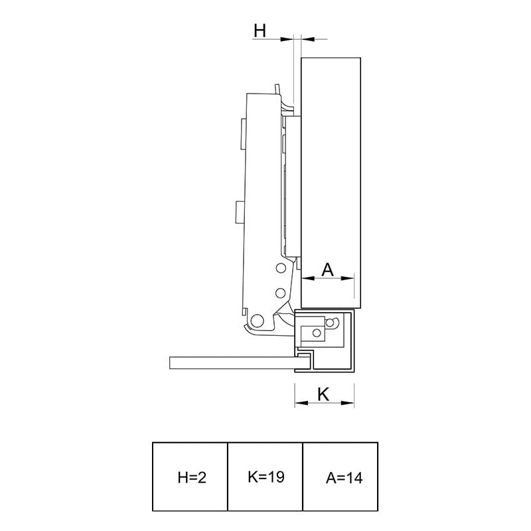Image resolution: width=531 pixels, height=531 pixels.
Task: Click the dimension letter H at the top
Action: pos(260,31)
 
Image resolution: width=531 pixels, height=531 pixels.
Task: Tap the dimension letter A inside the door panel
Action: pos(327,270)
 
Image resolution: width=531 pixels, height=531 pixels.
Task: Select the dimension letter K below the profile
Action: pos(323,394)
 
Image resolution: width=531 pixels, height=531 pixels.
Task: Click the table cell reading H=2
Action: pos(190,477)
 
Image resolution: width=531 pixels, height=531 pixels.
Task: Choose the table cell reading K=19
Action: pos(265,477)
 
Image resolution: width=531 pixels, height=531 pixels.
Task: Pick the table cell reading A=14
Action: pos(341,477)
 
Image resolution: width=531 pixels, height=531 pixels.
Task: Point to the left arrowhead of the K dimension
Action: pos(301,403)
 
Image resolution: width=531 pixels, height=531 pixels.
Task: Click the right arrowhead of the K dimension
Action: pos(348,403)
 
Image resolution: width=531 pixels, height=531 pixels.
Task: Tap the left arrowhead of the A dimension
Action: pos(308,278)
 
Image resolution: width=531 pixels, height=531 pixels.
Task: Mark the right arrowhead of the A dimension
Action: pos(348,278)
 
